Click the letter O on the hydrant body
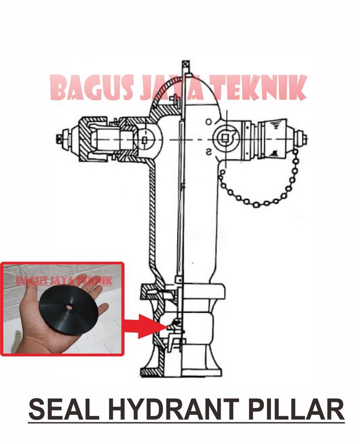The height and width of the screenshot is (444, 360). pos(208,121)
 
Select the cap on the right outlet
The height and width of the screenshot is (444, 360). pos(273,137)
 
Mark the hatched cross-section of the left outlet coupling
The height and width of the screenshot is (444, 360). pos(93,138)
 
